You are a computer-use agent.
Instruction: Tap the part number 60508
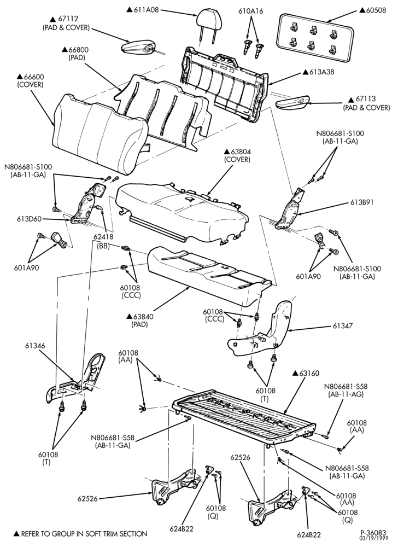click(376, 10)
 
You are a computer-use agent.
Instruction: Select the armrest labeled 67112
click(139, 48)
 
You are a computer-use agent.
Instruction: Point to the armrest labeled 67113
click(292, 103)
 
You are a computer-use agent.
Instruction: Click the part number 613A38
click(321, 72)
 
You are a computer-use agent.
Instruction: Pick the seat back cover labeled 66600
click(99, 134)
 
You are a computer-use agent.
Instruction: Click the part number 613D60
click(29, 219)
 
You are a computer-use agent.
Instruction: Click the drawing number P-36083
click(373, 533)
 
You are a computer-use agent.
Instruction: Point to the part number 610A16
click(251, 11)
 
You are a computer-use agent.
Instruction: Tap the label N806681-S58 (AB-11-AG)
click(346, 391)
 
